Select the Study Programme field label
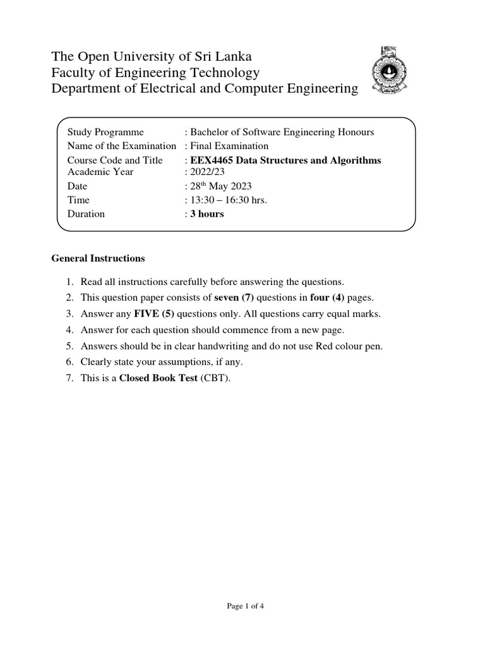point(105,132)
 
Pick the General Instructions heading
point(98,258)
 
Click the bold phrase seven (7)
point(235,298)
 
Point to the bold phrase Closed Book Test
point(159,378)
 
